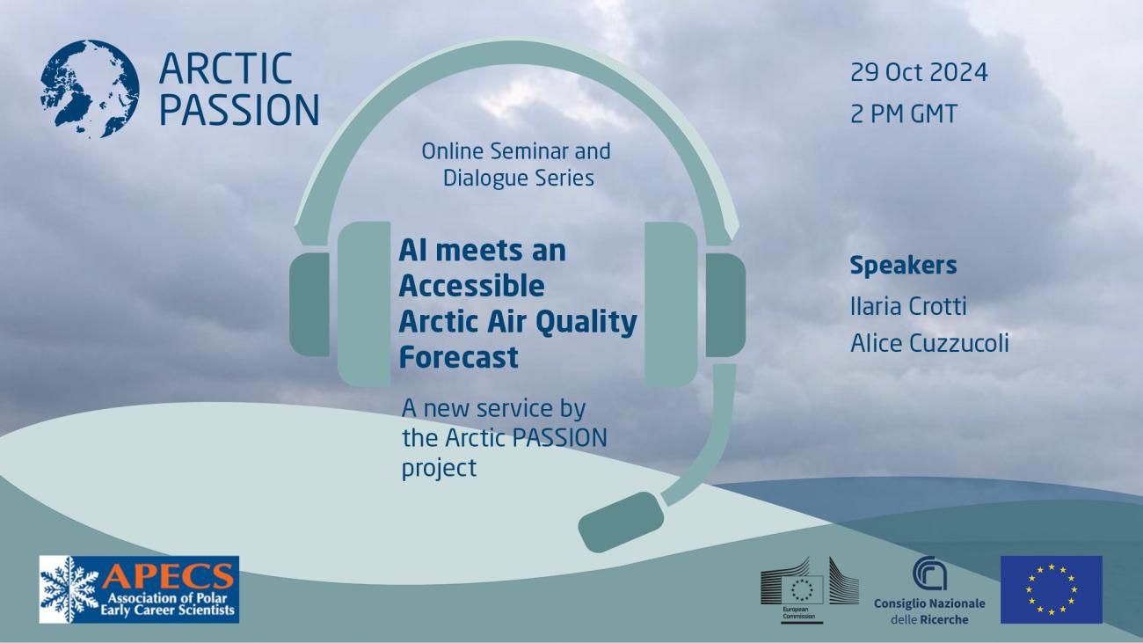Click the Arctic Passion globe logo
tap(89, 88)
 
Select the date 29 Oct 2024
tap(919, 72)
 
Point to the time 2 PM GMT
tap(903, 114)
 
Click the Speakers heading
tap(903, 266)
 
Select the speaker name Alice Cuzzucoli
tap(928, 343)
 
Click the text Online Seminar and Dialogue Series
tap(516, 164)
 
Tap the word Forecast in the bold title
tap(458, 358)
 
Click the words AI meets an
tap(482, 251)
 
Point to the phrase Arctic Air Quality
tap(517, 322)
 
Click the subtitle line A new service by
tap(493, 409)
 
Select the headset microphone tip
tap(621, 522)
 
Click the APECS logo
tap(139, 588)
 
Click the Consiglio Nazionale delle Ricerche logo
tap(928, 590)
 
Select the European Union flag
tap(1051, 589)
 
